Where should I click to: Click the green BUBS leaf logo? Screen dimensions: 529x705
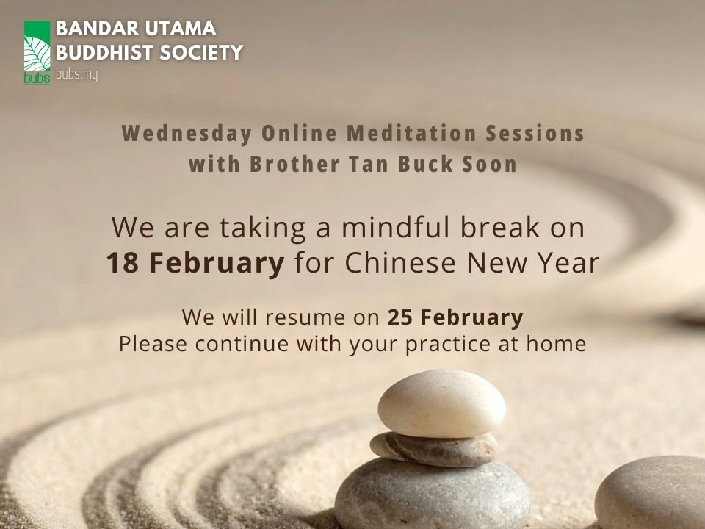pos(37,52)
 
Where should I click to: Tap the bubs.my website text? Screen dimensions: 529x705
pos(76,74)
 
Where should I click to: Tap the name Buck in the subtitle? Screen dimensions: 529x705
pos(427,165)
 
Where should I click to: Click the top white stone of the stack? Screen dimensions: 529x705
pos(441,402)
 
